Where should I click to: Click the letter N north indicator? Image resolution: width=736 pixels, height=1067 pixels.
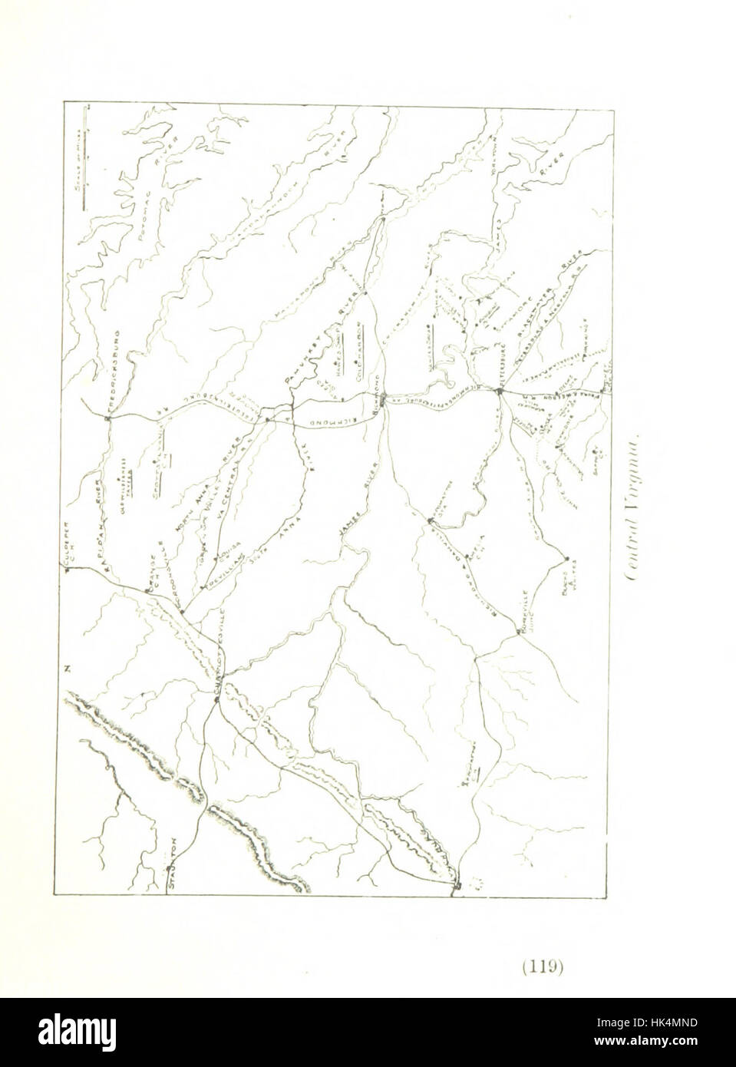coord(68,669)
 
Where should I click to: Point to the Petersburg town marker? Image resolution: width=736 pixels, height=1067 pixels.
coord(498,392)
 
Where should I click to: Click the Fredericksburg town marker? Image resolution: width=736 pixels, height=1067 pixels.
coord(107,417)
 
